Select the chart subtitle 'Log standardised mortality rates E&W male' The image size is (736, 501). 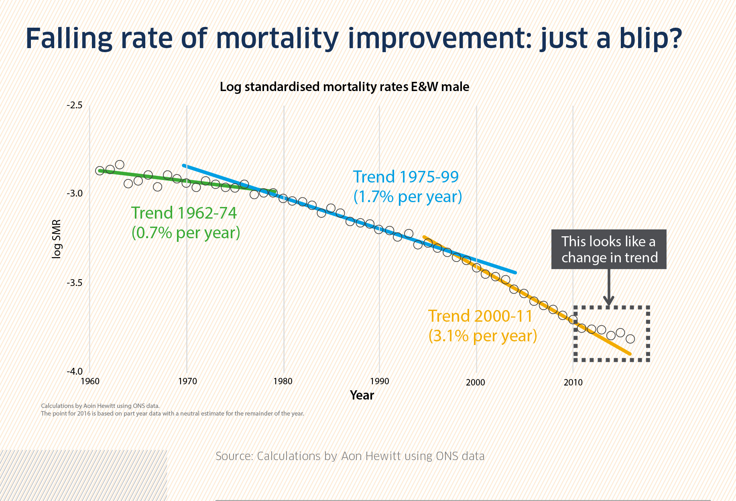point(344,87)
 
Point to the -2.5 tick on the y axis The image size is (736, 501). point(75,105)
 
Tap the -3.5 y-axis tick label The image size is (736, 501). point(75,283)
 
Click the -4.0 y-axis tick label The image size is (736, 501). point(75,371)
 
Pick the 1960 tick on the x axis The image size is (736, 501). point(90,381)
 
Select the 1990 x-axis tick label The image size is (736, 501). point(380,381)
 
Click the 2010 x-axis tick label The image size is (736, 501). point(573,382)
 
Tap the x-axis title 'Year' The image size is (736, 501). point(362,396)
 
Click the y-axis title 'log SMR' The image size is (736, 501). point(57,239)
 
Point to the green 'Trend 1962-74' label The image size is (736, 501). point(184,213)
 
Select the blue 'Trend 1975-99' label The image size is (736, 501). point(406,177)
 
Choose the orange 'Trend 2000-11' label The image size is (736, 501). point(480,316)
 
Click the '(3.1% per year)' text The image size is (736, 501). point(483,336)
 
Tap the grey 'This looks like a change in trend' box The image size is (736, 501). point(609,249)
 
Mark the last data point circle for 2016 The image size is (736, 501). point(630,339)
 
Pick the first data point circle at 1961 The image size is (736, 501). point(100,170)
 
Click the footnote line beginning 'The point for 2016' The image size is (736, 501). point(173,414)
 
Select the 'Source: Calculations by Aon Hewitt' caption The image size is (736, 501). point(350,456)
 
